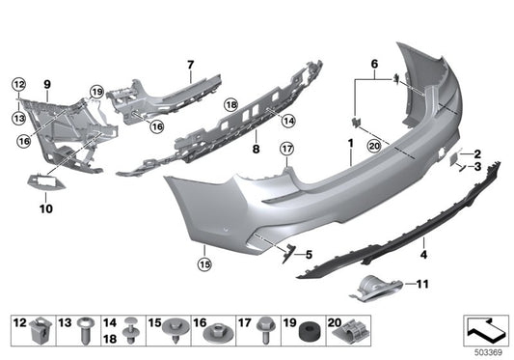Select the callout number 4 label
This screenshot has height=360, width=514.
(422, 257)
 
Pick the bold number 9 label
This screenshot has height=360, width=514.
(46, 70)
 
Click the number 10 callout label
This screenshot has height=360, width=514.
(46, 207)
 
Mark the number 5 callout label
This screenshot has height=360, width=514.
(309, 255)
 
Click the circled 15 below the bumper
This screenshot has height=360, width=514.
(203, 262)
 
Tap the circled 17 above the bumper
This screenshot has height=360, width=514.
(285, 149)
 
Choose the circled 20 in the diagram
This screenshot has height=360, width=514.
(374, 145)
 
